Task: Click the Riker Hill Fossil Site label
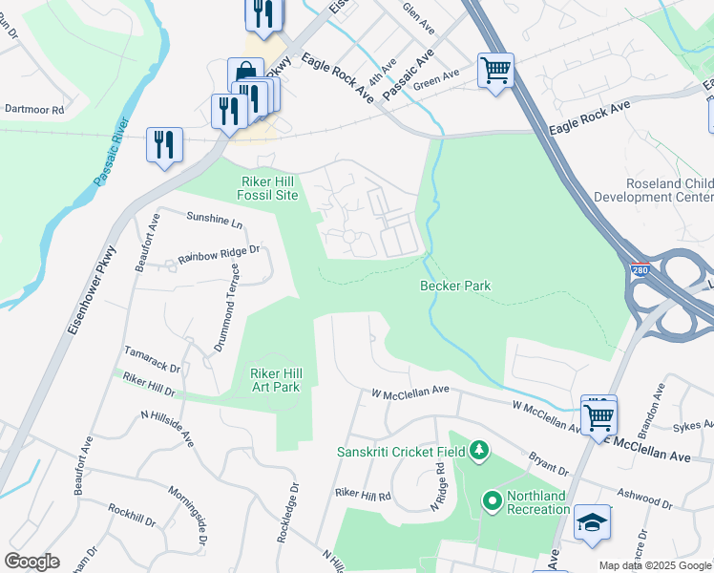255,187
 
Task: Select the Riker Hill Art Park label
275,380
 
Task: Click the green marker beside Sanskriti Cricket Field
479,450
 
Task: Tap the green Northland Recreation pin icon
493,500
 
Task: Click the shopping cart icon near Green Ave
495,70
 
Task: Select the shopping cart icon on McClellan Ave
598,414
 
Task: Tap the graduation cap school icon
592,522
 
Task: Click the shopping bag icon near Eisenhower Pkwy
245,74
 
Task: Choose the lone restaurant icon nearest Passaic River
164,144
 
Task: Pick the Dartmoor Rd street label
33,110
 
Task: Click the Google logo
31,561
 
